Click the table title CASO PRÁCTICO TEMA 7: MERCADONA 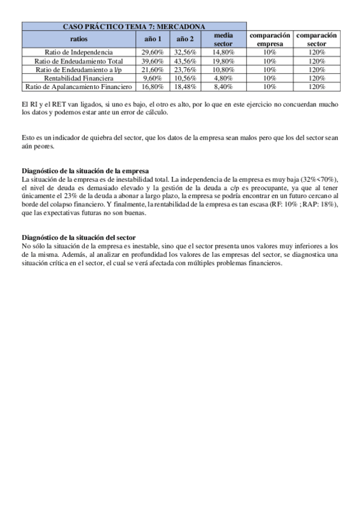tap(134, 26)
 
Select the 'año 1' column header tap(153, 39)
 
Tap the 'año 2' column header tap(185, 39)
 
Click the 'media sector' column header tap(223, 39)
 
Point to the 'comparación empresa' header tap(270, 39)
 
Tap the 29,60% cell tap(153, 52)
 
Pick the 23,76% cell tap(185, 70)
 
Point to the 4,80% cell tap(223, 78)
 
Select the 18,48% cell tap(185, 87)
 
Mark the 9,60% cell tap(153, 78)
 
